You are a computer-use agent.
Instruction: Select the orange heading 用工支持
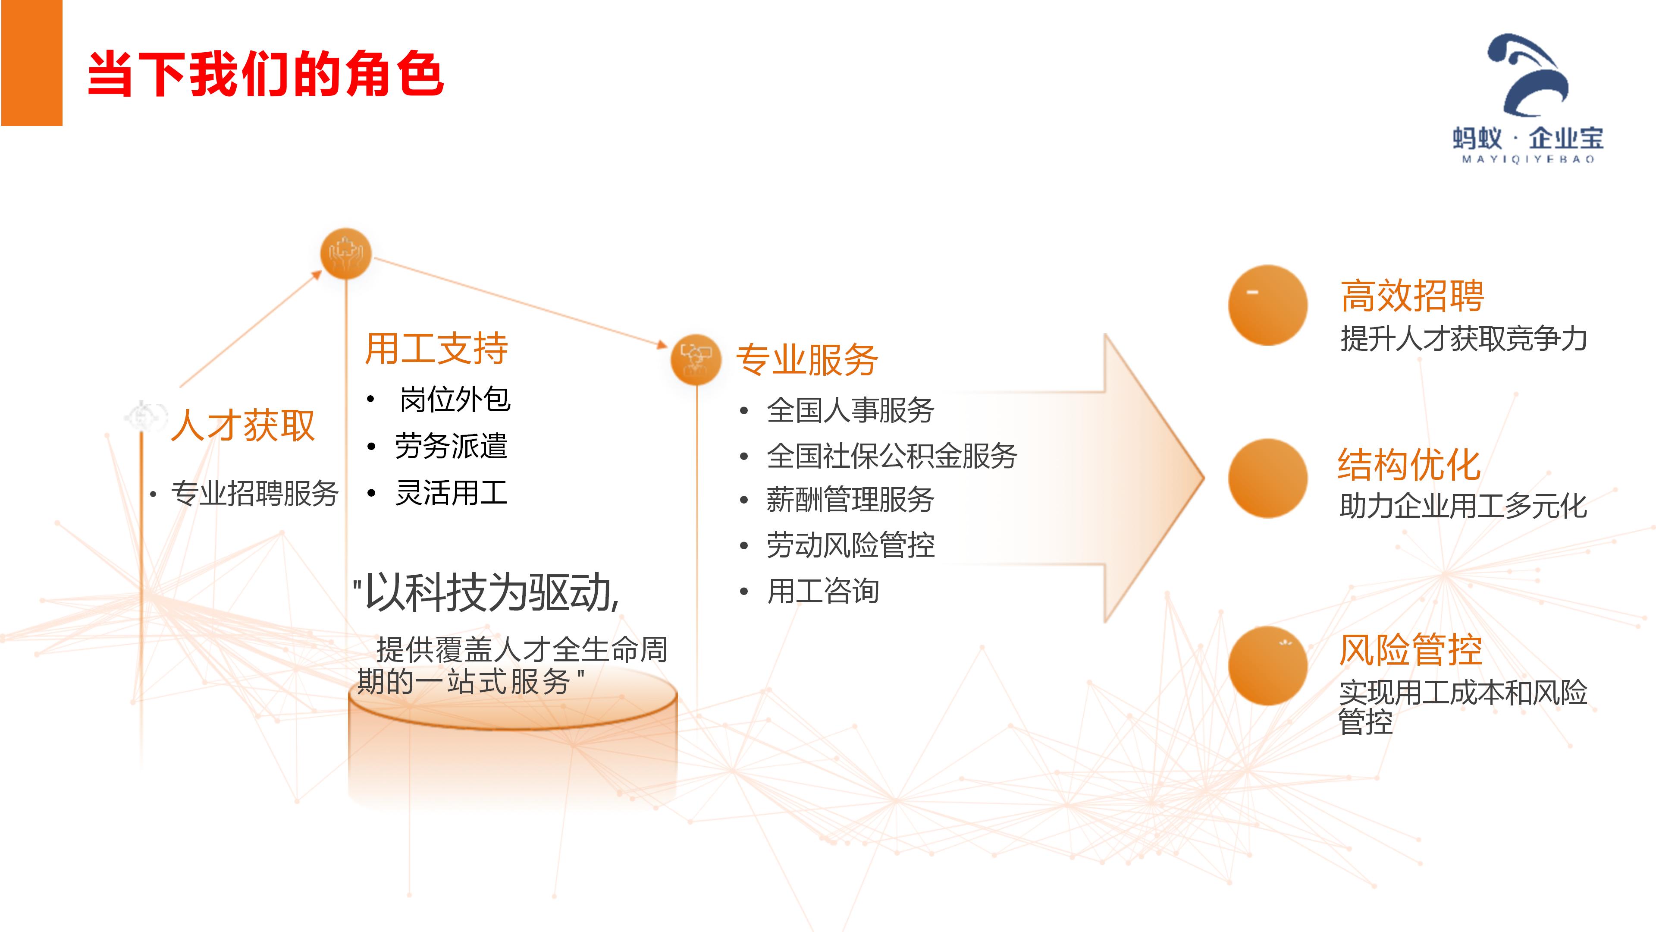click(436, 349)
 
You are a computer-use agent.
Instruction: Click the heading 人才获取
click(243, 425)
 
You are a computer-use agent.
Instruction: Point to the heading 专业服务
click(807, 359)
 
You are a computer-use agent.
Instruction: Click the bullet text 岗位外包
click(455, 400)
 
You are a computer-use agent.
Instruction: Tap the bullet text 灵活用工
click(451, 493)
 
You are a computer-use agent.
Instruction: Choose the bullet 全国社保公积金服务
click(892, 456)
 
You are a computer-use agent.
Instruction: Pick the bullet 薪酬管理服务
click(850, 500)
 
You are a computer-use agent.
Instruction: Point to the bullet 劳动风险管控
click(850, 545)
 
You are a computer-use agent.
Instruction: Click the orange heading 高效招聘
click(1412, 296)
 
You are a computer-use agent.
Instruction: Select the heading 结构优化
click(1409, 464)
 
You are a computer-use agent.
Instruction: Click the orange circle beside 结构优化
click(1268, 479)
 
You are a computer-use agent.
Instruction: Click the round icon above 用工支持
click(346, 253)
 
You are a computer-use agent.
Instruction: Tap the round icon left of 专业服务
click(696, 359)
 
